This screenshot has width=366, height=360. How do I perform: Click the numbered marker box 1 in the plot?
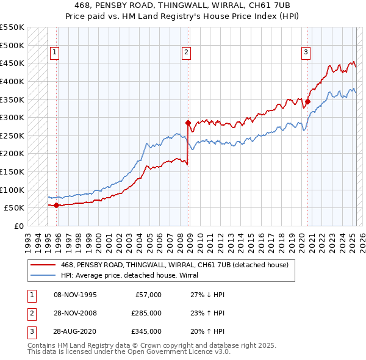[55, 52]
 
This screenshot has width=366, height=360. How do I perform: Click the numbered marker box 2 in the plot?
[185, 52]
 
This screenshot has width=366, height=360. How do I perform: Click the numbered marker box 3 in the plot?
[305, 52]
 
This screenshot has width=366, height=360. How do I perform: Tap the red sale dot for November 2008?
[188, 123]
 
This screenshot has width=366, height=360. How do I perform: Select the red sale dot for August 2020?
[308, 101]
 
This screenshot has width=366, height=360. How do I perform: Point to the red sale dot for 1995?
[57, 205]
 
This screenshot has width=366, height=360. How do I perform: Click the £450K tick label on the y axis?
[12, 63]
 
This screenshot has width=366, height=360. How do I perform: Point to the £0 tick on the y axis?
[20, 226]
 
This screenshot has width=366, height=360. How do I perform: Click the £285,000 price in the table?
[146, 313]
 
